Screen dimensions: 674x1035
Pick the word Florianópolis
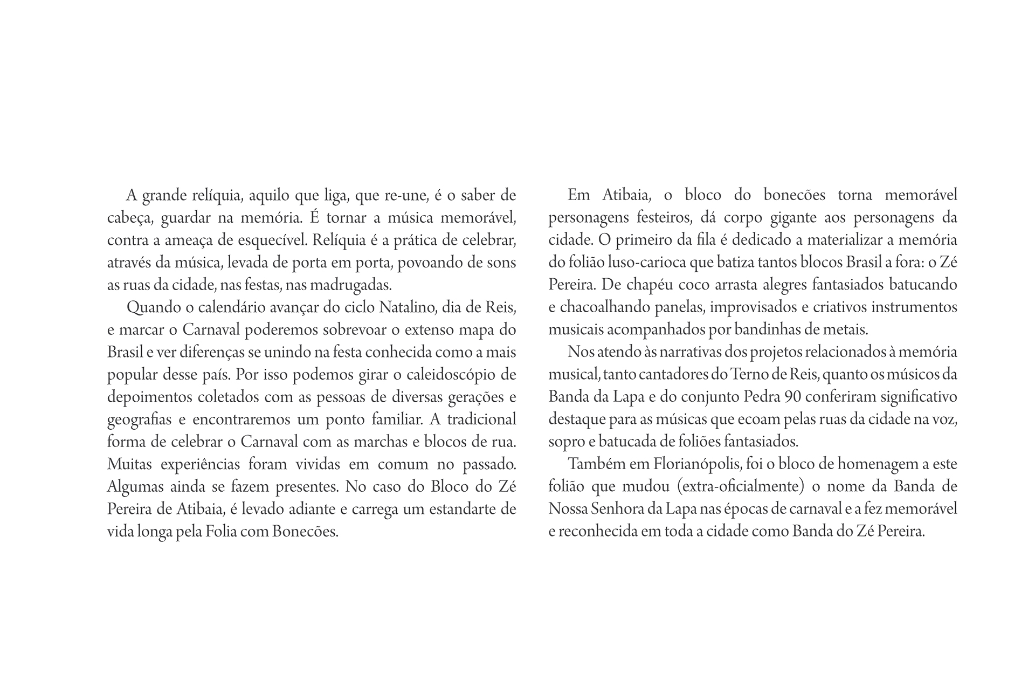pos(696,464)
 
